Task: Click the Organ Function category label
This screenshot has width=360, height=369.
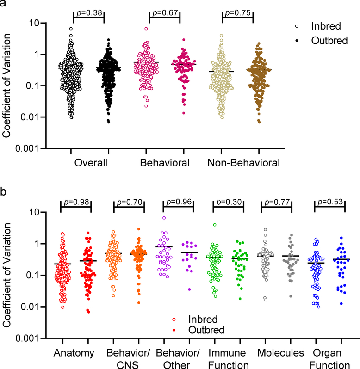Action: click(329, 358)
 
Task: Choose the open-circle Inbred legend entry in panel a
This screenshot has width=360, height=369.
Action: click(323, 26)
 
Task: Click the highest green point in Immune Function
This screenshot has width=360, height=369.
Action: click(215, 225)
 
